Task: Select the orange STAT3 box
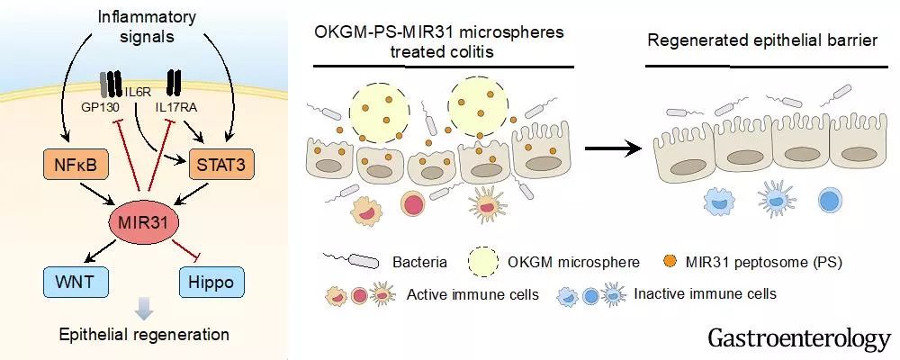(217, 164)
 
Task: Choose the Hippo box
(211, 283)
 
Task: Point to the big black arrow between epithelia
(609, 148)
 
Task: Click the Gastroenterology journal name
(798, 338)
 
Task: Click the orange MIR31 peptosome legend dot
(669, 262)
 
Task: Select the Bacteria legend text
(418, 263)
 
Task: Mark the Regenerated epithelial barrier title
(767, 43)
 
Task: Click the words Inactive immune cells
(705, 293)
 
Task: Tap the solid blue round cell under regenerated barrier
(828, 200)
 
